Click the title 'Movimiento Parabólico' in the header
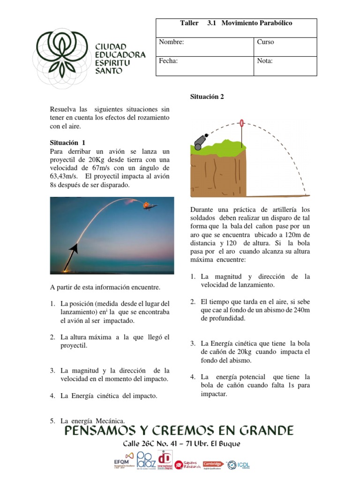tap(256, 23)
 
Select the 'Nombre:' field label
tap(171, 42)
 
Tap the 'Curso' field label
tap(265, 42)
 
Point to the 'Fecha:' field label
tap(168, 60)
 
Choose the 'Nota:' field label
tap(265, 60)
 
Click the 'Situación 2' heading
tap(207, 97)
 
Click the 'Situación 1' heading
tap(67, 142)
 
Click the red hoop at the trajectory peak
tap(242, 124)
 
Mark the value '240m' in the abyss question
tap(300, 310)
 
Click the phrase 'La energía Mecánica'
tap(92, 420)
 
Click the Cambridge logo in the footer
tap(212, 464)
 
